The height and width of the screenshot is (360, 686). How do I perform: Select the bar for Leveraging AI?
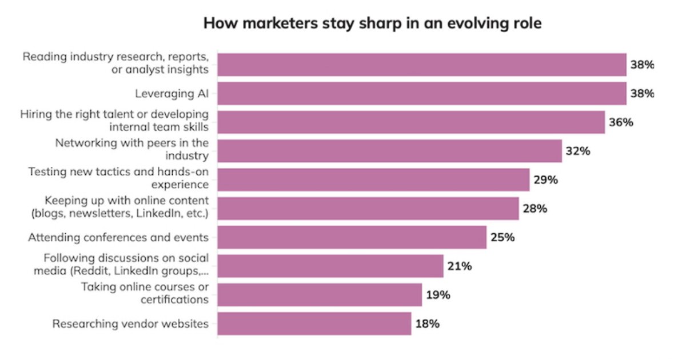(422, 93)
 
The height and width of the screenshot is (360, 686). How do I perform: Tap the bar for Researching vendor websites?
(314, 323)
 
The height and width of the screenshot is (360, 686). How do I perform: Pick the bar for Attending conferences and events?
(352, 237)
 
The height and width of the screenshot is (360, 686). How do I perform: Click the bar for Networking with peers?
(389, 151)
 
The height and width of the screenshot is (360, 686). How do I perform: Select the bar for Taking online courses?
(320, 295)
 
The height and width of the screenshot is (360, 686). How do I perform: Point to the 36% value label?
(621, 122)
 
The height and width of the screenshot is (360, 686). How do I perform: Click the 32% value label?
(578, 151)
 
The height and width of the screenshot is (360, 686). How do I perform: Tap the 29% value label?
(545, 179)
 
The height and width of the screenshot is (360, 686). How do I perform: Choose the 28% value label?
(535, 209)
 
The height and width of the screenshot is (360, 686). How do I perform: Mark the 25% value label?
(502, 237)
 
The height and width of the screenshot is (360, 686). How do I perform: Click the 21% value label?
(460, 266)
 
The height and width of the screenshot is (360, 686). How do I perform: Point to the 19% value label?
(438, 295)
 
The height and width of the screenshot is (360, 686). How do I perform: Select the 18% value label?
(427, 323)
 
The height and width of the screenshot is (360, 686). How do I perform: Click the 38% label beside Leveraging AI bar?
(642, 93)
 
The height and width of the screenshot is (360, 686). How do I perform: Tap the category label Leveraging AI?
(171, 93)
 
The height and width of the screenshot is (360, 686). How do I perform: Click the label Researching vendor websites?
(130, 323)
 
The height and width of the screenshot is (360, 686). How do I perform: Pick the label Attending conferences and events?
(117, 237)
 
